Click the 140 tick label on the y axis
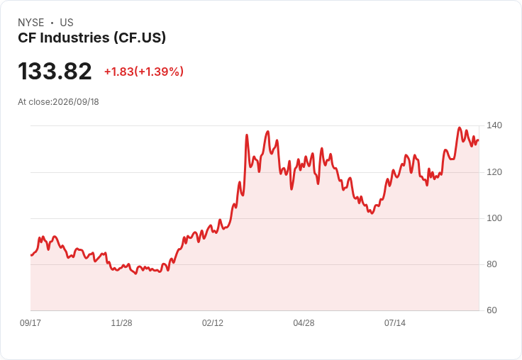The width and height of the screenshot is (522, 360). click(494, 125)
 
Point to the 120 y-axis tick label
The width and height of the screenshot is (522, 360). click(494, 172)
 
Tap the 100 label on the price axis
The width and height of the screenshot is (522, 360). click(494, 218)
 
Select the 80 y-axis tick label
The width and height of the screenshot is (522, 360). click(492, 264)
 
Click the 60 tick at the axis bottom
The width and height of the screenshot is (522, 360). click(492, 310)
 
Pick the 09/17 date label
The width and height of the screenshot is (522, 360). click(30, 322)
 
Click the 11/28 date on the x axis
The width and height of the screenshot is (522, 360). click(121, 322)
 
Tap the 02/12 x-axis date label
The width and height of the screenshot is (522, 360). click(213, 322)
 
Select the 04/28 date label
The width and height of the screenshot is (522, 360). click(304, 322)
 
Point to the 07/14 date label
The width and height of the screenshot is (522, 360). click(395, 322)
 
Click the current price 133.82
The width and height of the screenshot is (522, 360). click(55, 71)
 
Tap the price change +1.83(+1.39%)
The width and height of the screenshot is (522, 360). click(144, 72)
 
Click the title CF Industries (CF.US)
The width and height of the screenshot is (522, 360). click(92, 38)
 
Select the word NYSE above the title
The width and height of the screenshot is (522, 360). click(31, 23)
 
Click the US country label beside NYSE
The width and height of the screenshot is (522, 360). click(67, 23)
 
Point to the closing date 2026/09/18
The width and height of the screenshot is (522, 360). click(76, 102)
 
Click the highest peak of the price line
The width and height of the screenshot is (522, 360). click(460, 128)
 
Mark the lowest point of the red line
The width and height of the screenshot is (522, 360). click(135, 274)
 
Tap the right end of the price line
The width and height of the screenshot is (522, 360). click(478, 140)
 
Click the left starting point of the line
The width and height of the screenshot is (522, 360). click(31, 255)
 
